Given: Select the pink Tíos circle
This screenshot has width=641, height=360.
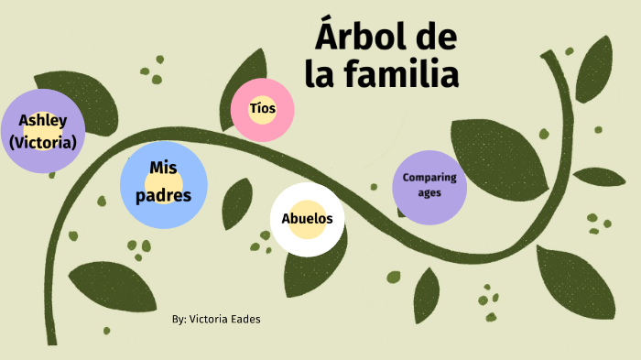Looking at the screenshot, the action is pos(263,109).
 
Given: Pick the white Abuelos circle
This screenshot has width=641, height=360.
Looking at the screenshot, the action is pos(307,219).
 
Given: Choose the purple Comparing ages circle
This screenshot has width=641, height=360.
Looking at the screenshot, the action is pos(429,186).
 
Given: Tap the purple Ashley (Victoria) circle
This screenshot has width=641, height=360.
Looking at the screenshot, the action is pos(42,131).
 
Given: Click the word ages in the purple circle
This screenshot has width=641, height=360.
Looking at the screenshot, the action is pos(429,193).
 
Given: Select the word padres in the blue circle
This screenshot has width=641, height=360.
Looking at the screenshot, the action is pos(163,195).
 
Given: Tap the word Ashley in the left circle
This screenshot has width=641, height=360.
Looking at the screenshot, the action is pos(42,120).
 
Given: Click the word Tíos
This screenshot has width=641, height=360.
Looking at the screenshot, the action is pos(263,109).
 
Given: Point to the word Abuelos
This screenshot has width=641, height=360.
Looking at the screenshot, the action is pos(307,219).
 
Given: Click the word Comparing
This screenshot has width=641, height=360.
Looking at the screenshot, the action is pos(429,178).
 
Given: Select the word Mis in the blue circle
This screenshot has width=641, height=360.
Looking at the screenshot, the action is pos(163,167).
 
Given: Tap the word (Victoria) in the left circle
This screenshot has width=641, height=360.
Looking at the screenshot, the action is pos(42,142).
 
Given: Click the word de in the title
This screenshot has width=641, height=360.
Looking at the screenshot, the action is pos(436,38).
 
